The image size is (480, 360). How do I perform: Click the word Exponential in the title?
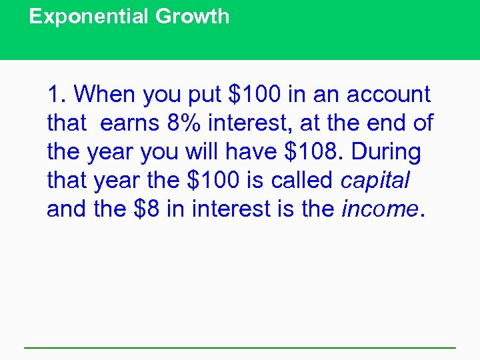(x=89, y=17)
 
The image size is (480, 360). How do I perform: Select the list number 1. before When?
(x=57, y=95)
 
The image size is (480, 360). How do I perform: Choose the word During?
(x=387, y=152)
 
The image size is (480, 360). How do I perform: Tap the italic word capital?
(x=375, y=181)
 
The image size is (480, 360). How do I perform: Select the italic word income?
(x=379, y=209)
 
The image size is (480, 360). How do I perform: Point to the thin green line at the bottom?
(x=240, y=347)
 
